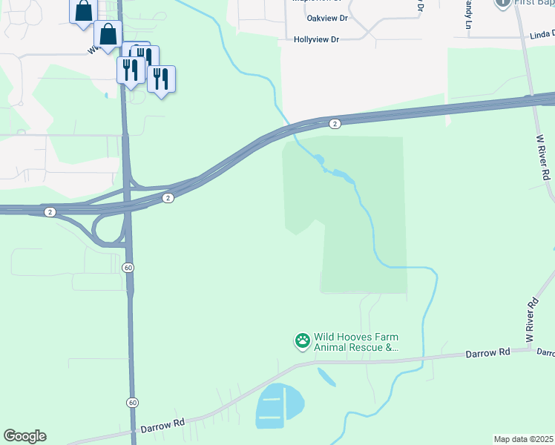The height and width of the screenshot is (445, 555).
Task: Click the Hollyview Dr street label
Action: (x=316, y=39)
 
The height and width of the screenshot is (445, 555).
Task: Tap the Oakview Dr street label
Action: (x=316, y=19)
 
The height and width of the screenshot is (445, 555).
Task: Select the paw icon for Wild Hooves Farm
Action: (x=303, y=341)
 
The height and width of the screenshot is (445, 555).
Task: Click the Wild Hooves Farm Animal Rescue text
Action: (x=356, y=342)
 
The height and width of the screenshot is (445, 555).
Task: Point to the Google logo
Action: (x=24, y=436)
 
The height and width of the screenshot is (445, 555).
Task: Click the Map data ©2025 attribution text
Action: (x=523, y=439)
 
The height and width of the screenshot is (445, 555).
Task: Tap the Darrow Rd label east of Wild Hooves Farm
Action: (x=488, y=353)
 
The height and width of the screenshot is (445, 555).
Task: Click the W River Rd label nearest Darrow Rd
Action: (x=531, y=320)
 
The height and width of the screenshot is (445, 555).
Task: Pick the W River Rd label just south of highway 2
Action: (x=544, y=159)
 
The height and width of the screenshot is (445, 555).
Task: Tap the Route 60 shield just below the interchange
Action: (x=128, y=267)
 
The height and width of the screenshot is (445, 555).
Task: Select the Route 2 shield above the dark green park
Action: (x=335, y=124)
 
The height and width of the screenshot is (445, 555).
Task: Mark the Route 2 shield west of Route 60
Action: (x=50, y=212)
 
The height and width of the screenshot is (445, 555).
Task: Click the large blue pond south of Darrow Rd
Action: (x=279, y=406)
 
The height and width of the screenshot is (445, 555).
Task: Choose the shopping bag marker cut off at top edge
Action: (x=83, y=11)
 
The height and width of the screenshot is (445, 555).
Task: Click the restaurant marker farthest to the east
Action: (x=161, y=77)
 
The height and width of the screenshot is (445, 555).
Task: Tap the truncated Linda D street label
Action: (x=542, y=35)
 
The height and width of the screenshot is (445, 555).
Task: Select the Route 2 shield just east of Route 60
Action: (x=168, y=198)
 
